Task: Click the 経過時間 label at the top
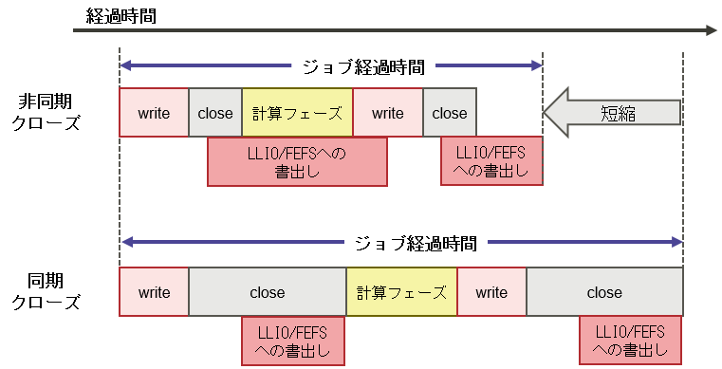120,15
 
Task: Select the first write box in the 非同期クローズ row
154,113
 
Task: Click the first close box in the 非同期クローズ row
215,113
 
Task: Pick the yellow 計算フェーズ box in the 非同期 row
297,113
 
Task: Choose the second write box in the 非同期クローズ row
387,113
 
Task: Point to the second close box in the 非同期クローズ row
450,113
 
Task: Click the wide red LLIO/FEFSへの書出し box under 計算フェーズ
297,161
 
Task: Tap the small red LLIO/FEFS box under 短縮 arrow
491,160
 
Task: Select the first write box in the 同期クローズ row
154,292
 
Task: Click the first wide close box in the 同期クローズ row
268,292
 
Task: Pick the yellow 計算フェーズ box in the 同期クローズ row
401,292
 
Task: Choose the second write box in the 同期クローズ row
491,292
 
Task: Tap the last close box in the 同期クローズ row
604,292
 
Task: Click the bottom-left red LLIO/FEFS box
292,341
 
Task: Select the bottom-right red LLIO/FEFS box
630,341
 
